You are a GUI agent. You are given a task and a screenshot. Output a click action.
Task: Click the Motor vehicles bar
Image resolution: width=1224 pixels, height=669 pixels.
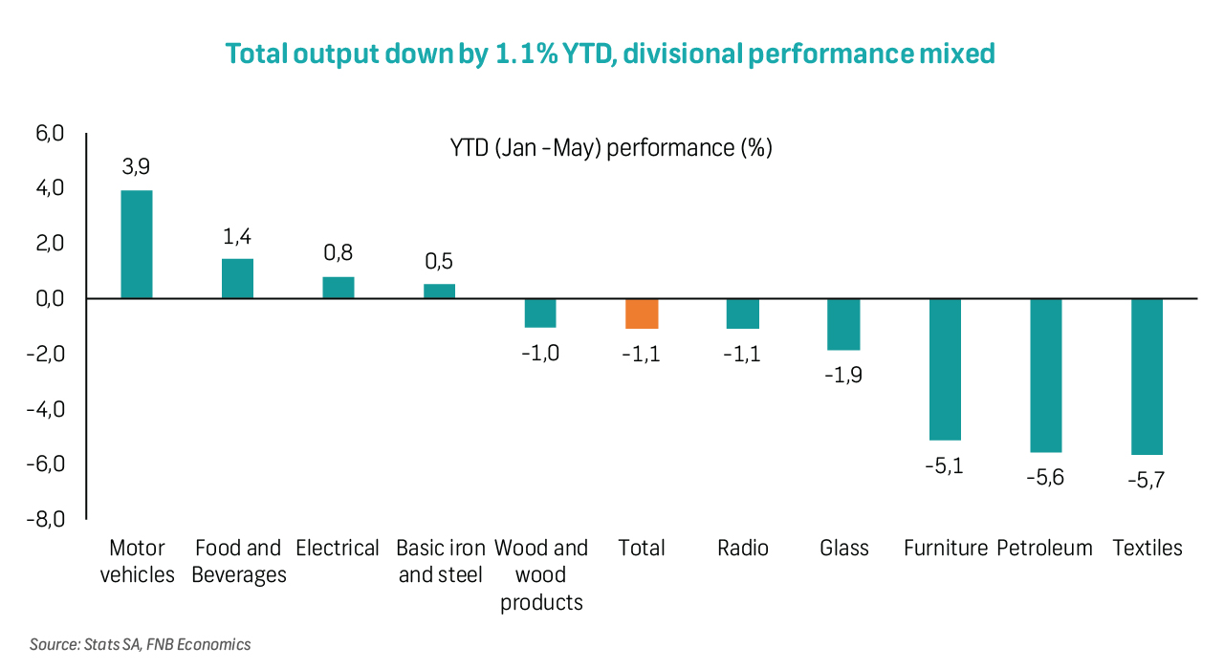[x=136, y=245]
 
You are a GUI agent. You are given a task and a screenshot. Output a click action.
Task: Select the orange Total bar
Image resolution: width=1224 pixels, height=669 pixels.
[x=642, y=313]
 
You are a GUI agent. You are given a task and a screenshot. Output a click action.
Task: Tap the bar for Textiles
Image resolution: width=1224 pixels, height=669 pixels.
[x=1147, y=377]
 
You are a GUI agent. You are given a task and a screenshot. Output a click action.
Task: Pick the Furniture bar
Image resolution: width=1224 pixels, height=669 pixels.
[x=945, y=369]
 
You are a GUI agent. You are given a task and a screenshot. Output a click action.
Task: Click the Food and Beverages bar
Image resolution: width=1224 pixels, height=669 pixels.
[x=237, y=279]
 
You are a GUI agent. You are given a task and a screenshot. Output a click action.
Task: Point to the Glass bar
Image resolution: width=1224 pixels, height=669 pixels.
[x=843, y=324]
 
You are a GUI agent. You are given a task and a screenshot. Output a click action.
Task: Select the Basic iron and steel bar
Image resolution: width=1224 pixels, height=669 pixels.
[x=439, y=291]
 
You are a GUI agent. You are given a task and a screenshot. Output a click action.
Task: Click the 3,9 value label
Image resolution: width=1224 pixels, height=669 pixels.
[x=136, y=167]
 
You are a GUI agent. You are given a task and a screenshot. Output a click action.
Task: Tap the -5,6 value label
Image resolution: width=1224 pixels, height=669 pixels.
[x=1045, y=478]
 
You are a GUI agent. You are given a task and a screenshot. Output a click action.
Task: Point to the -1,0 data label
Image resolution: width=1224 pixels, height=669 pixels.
[x=540, y=354]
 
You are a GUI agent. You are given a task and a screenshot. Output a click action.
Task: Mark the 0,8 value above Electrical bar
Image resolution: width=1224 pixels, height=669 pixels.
[x=338, y=253]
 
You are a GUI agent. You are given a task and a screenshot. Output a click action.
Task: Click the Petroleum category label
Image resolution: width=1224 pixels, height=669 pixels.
[x=1044, y=548]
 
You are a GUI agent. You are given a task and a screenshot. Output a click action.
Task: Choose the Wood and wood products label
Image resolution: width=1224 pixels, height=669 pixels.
[x=540, y=574]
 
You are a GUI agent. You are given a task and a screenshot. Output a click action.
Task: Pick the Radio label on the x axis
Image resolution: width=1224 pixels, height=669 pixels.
[x=742, y=548]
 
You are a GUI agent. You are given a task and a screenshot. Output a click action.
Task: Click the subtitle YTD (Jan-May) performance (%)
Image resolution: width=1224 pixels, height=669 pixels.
[x=611, y=148]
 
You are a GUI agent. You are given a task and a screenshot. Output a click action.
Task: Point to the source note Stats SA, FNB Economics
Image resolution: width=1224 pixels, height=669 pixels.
[x=141, y=644]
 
